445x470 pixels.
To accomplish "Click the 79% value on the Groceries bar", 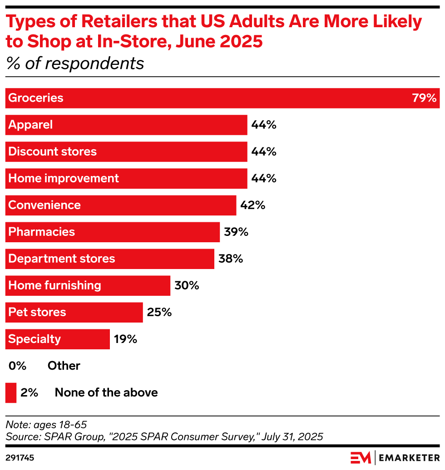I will coord(424,98).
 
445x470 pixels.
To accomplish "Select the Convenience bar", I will coord(120,206).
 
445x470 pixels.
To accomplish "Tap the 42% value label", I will coord(253,206).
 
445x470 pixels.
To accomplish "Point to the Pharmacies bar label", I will coord(42,232).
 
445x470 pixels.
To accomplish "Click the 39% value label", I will coord(236,232).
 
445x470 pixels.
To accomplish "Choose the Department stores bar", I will coord(109,259).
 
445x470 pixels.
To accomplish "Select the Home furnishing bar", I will coord(88,286).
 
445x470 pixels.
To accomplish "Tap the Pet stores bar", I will coord(74,313).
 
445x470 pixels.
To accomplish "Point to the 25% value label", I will coord(159,313).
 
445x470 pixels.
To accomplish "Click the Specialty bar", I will coord(57,339).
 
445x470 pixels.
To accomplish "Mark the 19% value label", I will coord(125,339).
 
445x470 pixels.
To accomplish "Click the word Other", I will coord(64,366).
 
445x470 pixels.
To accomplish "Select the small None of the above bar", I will coord(10,393).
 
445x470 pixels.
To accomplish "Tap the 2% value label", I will coord(30,393).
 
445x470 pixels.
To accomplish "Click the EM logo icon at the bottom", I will coord(361,457).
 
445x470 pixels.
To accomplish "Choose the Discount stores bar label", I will coord(53,152).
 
